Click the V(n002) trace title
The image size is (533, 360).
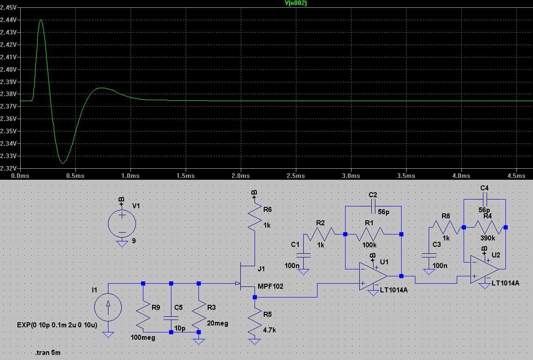[295, 3]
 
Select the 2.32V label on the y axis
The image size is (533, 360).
[9, 169]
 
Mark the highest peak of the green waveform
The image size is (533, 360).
[41, 20]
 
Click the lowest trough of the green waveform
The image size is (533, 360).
[63, 163]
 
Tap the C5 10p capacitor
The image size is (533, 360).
[171, 317]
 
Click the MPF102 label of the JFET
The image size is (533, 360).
[271, 286]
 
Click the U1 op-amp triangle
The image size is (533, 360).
[373, 276]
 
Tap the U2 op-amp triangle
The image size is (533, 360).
[484, 269]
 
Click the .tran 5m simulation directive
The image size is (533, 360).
[48, 353]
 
